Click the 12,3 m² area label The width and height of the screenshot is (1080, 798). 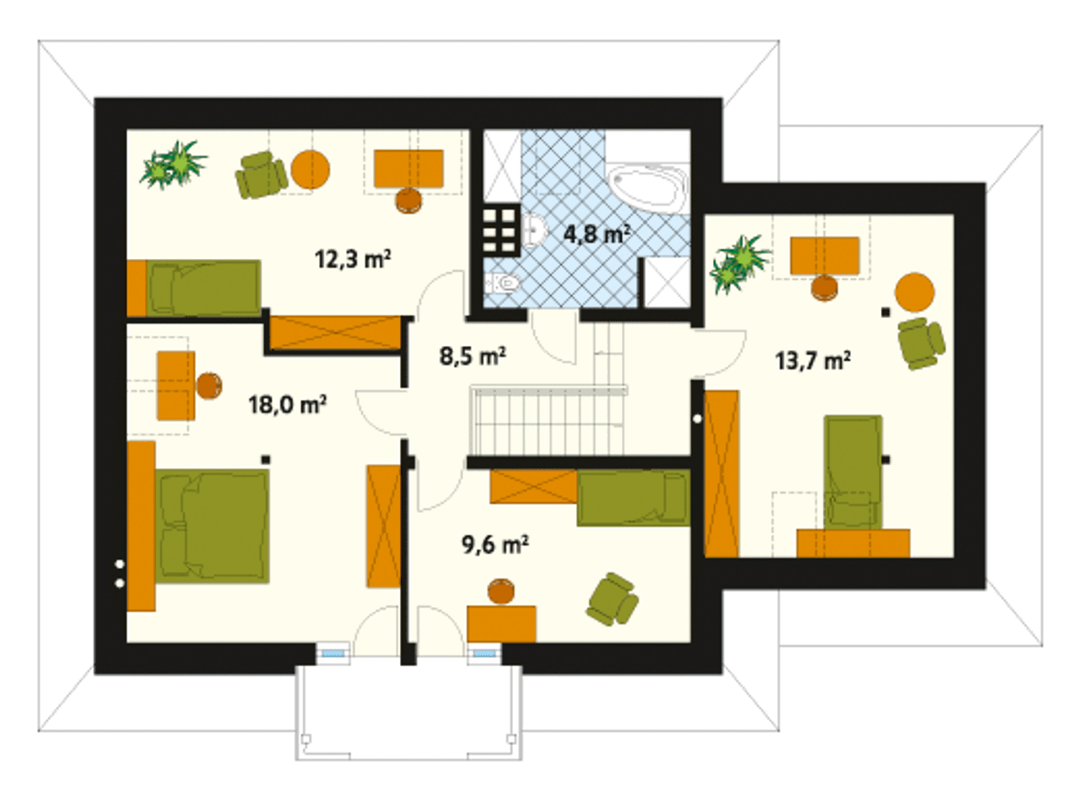353,259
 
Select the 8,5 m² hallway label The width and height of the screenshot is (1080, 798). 472,356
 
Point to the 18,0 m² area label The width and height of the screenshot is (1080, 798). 287,405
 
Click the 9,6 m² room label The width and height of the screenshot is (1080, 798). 495,544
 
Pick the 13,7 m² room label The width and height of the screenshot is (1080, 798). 813,361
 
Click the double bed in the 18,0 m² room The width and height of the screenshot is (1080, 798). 213,526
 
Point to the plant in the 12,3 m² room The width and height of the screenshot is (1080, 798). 173,164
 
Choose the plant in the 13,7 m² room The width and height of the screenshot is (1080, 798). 739,263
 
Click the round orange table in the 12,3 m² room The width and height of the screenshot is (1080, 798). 310,169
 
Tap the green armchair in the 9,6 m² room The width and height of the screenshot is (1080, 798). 613,599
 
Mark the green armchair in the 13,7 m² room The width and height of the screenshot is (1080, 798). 921,342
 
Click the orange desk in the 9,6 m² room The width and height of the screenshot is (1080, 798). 501,624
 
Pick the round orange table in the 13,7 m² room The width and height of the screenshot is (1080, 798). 915,292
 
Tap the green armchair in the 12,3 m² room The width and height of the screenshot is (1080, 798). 261,175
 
